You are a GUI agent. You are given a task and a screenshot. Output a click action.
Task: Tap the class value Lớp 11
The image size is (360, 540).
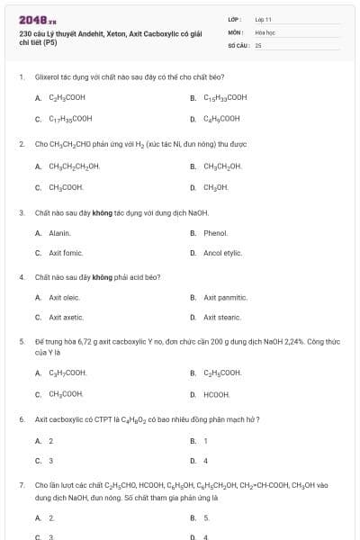point(263,19)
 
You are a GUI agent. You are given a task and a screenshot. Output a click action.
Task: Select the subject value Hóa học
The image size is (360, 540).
point(264,31)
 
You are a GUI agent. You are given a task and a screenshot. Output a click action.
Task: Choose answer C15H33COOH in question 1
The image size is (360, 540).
point(225,97)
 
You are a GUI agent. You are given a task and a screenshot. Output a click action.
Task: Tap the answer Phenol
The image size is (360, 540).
point(215,233)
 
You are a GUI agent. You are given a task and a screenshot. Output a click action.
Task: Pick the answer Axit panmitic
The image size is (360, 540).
point(225,297)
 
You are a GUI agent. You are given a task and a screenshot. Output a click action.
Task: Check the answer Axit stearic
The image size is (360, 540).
point(222,318)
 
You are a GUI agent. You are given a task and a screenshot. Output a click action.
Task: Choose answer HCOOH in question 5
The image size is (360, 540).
point(217,394)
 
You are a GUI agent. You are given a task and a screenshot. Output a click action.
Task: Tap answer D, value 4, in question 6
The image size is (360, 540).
point(206,461)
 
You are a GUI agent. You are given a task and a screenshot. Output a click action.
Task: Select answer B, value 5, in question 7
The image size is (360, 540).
point(206,517)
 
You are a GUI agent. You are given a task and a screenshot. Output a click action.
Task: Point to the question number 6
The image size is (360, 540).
point(21,419)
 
